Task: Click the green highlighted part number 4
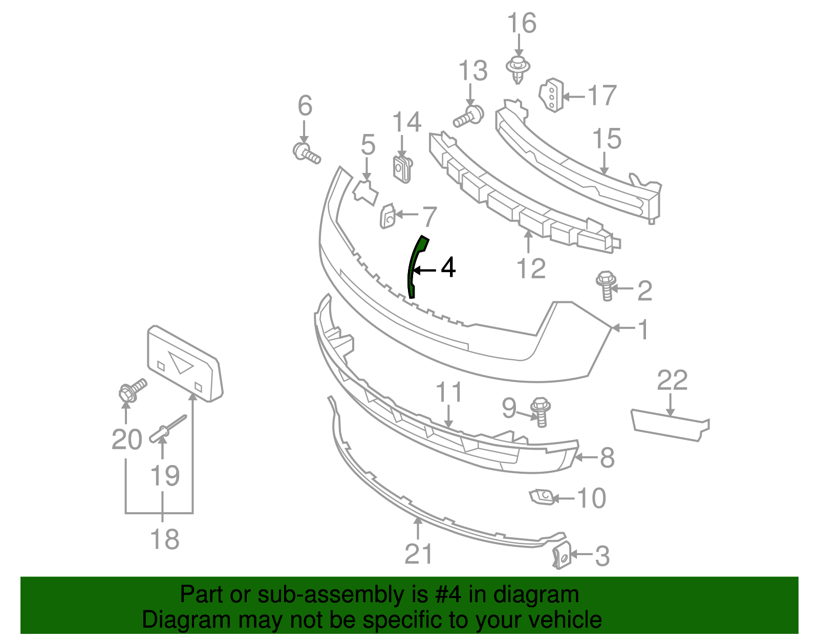[415, 266]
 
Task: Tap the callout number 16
[522, 24]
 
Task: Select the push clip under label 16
[518, 70]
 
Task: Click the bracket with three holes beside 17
[551, 95]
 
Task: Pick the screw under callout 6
[307, 153]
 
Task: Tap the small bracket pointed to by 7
[387, 216]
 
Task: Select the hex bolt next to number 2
[606, 285]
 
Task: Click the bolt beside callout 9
[540, 411]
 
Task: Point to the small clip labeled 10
[540, 496]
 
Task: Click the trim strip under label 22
[669, 425]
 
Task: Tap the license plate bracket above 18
[184, 364]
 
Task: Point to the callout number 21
[419, 554]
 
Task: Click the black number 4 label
[448, 267]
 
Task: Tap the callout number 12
[531, 268]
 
